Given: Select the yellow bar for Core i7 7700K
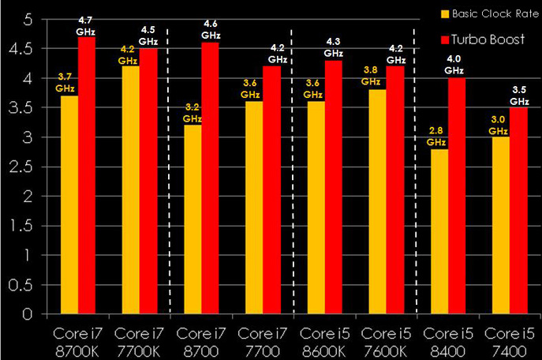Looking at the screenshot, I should [130, 189].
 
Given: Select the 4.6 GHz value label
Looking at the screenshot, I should [210, 29].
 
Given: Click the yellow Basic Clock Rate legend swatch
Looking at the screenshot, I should [446, 13].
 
